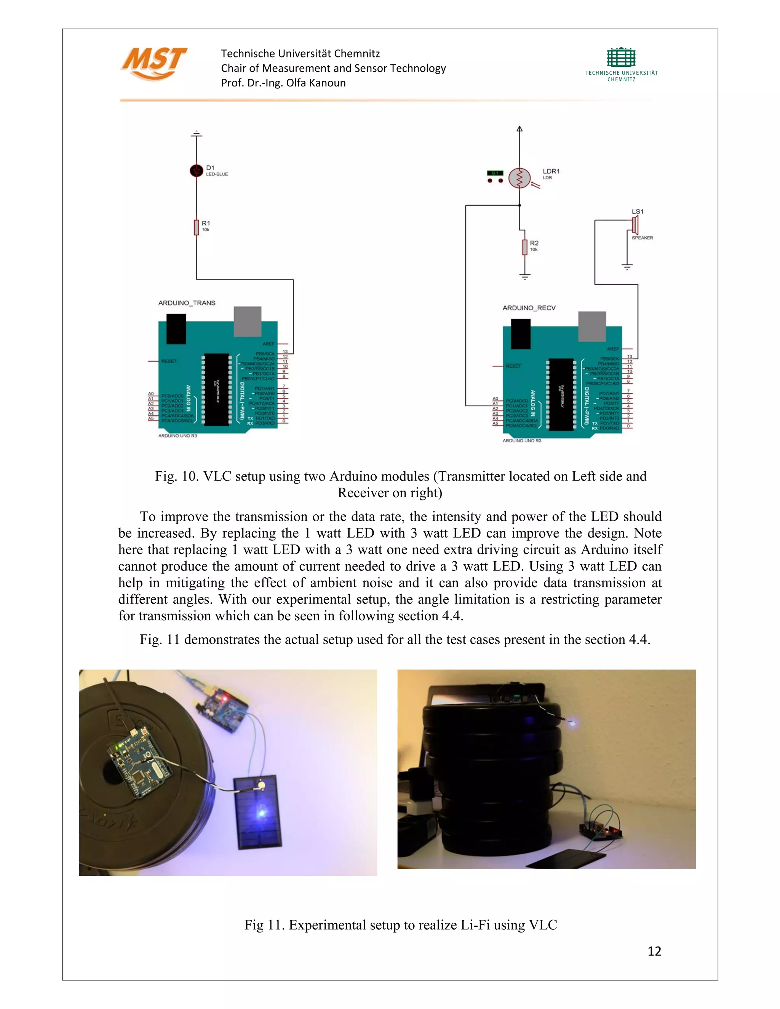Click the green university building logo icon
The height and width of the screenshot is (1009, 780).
(x=621, y=58)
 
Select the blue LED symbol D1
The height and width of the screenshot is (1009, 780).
(x=197, y=171)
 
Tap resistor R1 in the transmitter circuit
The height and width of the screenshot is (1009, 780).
(x=197, y=227)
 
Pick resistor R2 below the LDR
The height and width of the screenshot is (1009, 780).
(x=525, y=247)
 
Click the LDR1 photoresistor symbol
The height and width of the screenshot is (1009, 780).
(x=520, y=178)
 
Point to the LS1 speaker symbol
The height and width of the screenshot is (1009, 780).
(x=635, y=225)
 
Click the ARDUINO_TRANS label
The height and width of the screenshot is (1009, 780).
(x=187, y=303)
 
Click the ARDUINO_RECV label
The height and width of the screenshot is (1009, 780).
(x=529, y=308)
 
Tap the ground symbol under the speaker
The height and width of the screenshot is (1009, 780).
(x=627, y=267)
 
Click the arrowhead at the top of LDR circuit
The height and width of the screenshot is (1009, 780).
(x=519, y=129)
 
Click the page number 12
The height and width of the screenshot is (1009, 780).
(x=654, y=951)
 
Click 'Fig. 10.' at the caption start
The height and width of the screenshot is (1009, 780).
(x=176, y=476)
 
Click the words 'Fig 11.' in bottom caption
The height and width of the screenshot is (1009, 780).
(x=264, y=925)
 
